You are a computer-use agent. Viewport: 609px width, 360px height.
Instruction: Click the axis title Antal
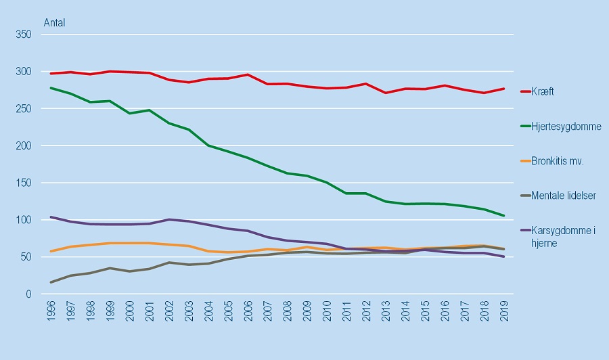(x=54, y=22)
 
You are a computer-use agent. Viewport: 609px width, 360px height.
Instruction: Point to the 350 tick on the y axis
(x=24, y=35)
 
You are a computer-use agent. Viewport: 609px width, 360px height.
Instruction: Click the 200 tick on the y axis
(x=24, y=145)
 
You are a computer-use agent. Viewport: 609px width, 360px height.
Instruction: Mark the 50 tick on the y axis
(x=26, y=257)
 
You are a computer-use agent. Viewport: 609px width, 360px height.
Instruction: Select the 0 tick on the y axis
(x=29, y=294)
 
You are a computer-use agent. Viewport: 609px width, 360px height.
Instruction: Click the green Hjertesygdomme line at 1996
(x=51, y=88)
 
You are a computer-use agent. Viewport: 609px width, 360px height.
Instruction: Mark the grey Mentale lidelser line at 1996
(x=51, y=282)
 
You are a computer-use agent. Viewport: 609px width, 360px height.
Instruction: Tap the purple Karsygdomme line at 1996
(x=51, y=217)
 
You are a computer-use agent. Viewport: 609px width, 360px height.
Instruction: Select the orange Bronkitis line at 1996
(x=51, y=251)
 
